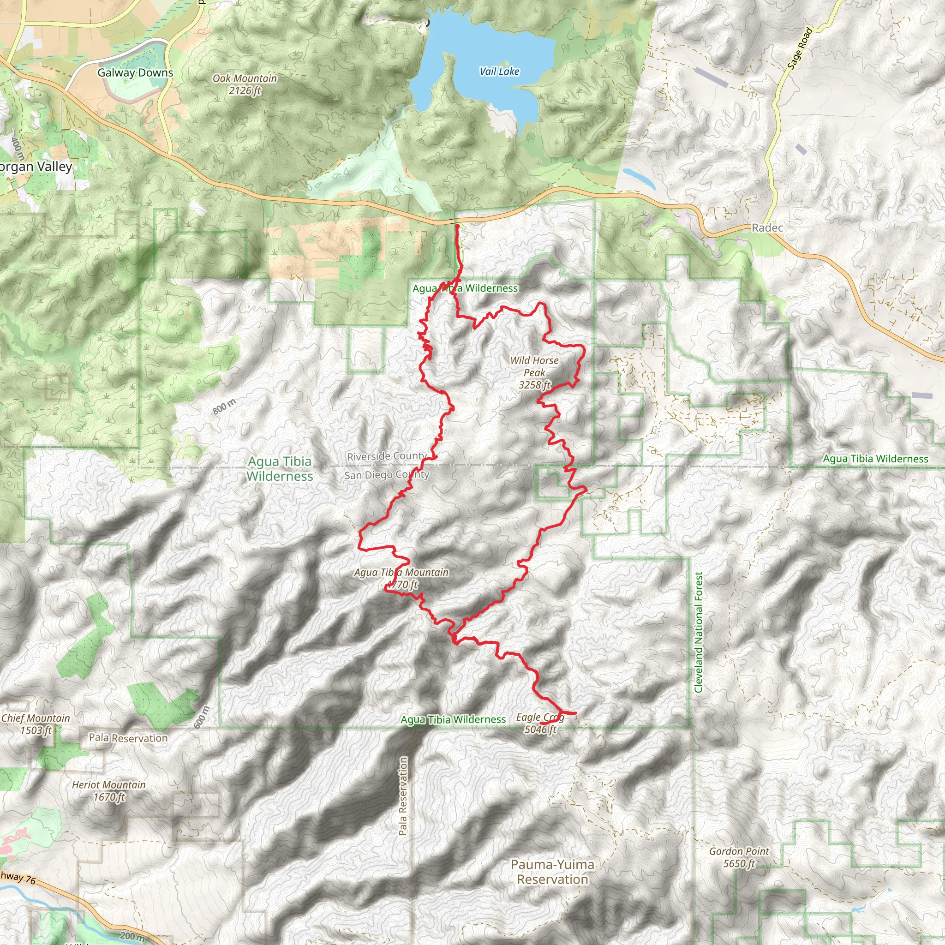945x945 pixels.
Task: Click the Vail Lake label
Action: click(x=499, y=72)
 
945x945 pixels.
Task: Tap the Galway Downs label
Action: click(x=135, y=72)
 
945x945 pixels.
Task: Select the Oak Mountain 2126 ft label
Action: click(x=245, y=84)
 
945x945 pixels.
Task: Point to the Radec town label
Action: click(x=767, y=227)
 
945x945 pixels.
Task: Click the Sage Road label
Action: click(x=800, y=48)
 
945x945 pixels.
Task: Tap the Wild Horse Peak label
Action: click(x=534, y=372)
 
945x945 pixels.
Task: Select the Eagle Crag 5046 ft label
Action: click(x=540, y=724)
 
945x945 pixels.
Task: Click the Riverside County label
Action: click(x=386, y=456)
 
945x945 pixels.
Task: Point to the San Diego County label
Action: click(x=386, y=475)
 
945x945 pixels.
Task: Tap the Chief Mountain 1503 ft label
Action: click(x=35, y=724)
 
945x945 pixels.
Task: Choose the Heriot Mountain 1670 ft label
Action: click(x=108, y=790)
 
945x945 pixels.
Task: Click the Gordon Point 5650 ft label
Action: click(x=739, y=857)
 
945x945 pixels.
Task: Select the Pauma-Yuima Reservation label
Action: click(x=552, y=872)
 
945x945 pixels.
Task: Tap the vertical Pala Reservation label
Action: click(x=402, y=796)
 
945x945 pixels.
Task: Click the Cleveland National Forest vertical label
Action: click(x=698, y=633)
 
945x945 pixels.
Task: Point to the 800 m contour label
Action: click(x=224, y=407)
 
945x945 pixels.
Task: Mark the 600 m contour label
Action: click(x=202, y=717)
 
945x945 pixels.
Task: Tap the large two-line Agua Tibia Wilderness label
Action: click(x=279, y=469)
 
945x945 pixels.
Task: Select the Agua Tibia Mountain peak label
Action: click(x=401, y=578)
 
